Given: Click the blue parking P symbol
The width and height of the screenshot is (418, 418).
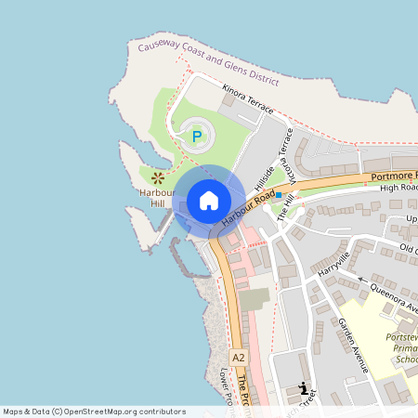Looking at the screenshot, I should click(x=196, y=137).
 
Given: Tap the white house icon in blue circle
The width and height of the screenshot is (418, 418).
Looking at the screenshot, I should click(x=208, y=200).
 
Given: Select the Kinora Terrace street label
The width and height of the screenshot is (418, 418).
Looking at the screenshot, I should click(x=248, y=98).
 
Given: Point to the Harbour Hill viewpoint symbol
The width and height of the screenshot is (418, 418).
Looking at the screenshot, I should click(x=158, y=176).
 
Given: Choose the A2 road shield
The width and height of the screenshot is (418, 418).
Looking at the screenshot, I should click(x=239, y=357).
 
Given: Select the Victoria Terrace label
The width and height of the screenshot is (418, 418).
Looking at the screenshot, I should click(x=288, y=153).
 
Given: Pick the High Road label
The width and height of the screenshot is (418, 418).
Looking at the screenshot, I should click(x=399, y=188).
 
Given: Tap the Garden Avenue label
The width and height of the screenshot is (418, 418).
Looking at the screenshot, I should click(x=353, y=345).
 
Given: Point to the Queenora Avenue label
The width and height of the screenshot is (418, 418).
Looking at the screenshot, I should click(x=394, y=296).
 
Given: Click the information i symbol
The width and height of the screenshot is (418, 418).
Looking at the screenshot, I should click(x=302, y=390).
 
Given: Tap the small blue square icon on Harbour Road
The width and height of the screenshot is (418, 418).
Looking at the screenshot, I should click(x=278, y=196).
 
